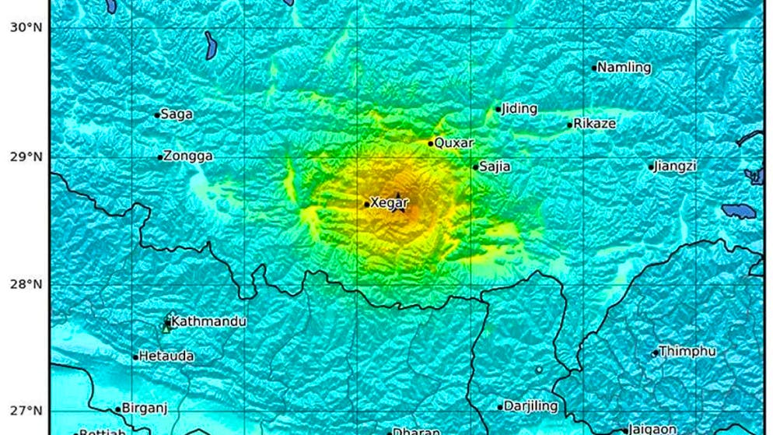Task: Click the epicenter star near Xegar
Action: click(398, 205)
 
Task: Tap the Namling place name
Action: click(624, 68)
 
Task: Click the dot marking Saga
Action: click(157, 115)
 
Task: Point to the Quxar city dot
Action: click(431, 143)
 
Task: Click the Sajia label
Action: click(495, 167)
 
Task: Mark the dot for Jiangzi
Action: click(652, 167)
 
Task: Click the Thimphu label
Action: click(687, 352)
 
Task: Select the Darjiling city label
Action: click(530, 406)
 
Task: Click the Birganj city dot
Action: click(118, 409)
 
